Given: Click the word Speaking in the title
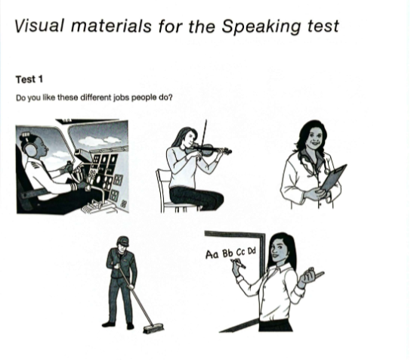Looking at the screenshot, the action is point(261,26).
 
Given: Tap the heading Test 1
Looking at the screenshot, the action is point(29,79).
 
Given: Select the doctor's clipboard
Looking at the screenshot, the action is point(333,178).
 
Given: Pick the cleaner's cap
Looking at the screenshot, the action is point(123,241).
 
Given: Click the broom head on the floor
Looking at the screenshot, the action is point(154,329).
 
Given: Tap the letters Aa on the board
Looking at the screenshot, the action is point(212,254).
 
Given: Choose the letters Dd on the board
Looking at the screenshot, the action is point(252,251).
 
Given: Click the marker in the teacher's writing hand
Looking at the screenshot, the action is point(239,264).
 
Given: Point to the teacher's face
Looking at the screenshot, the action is point(277,249).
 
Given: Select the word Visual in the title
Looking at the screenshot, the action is point(39,26).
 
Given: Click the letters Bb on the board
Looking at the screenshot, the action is point(227,253).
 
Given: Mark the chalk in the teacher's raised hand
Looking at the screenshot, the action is point(320,275).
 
